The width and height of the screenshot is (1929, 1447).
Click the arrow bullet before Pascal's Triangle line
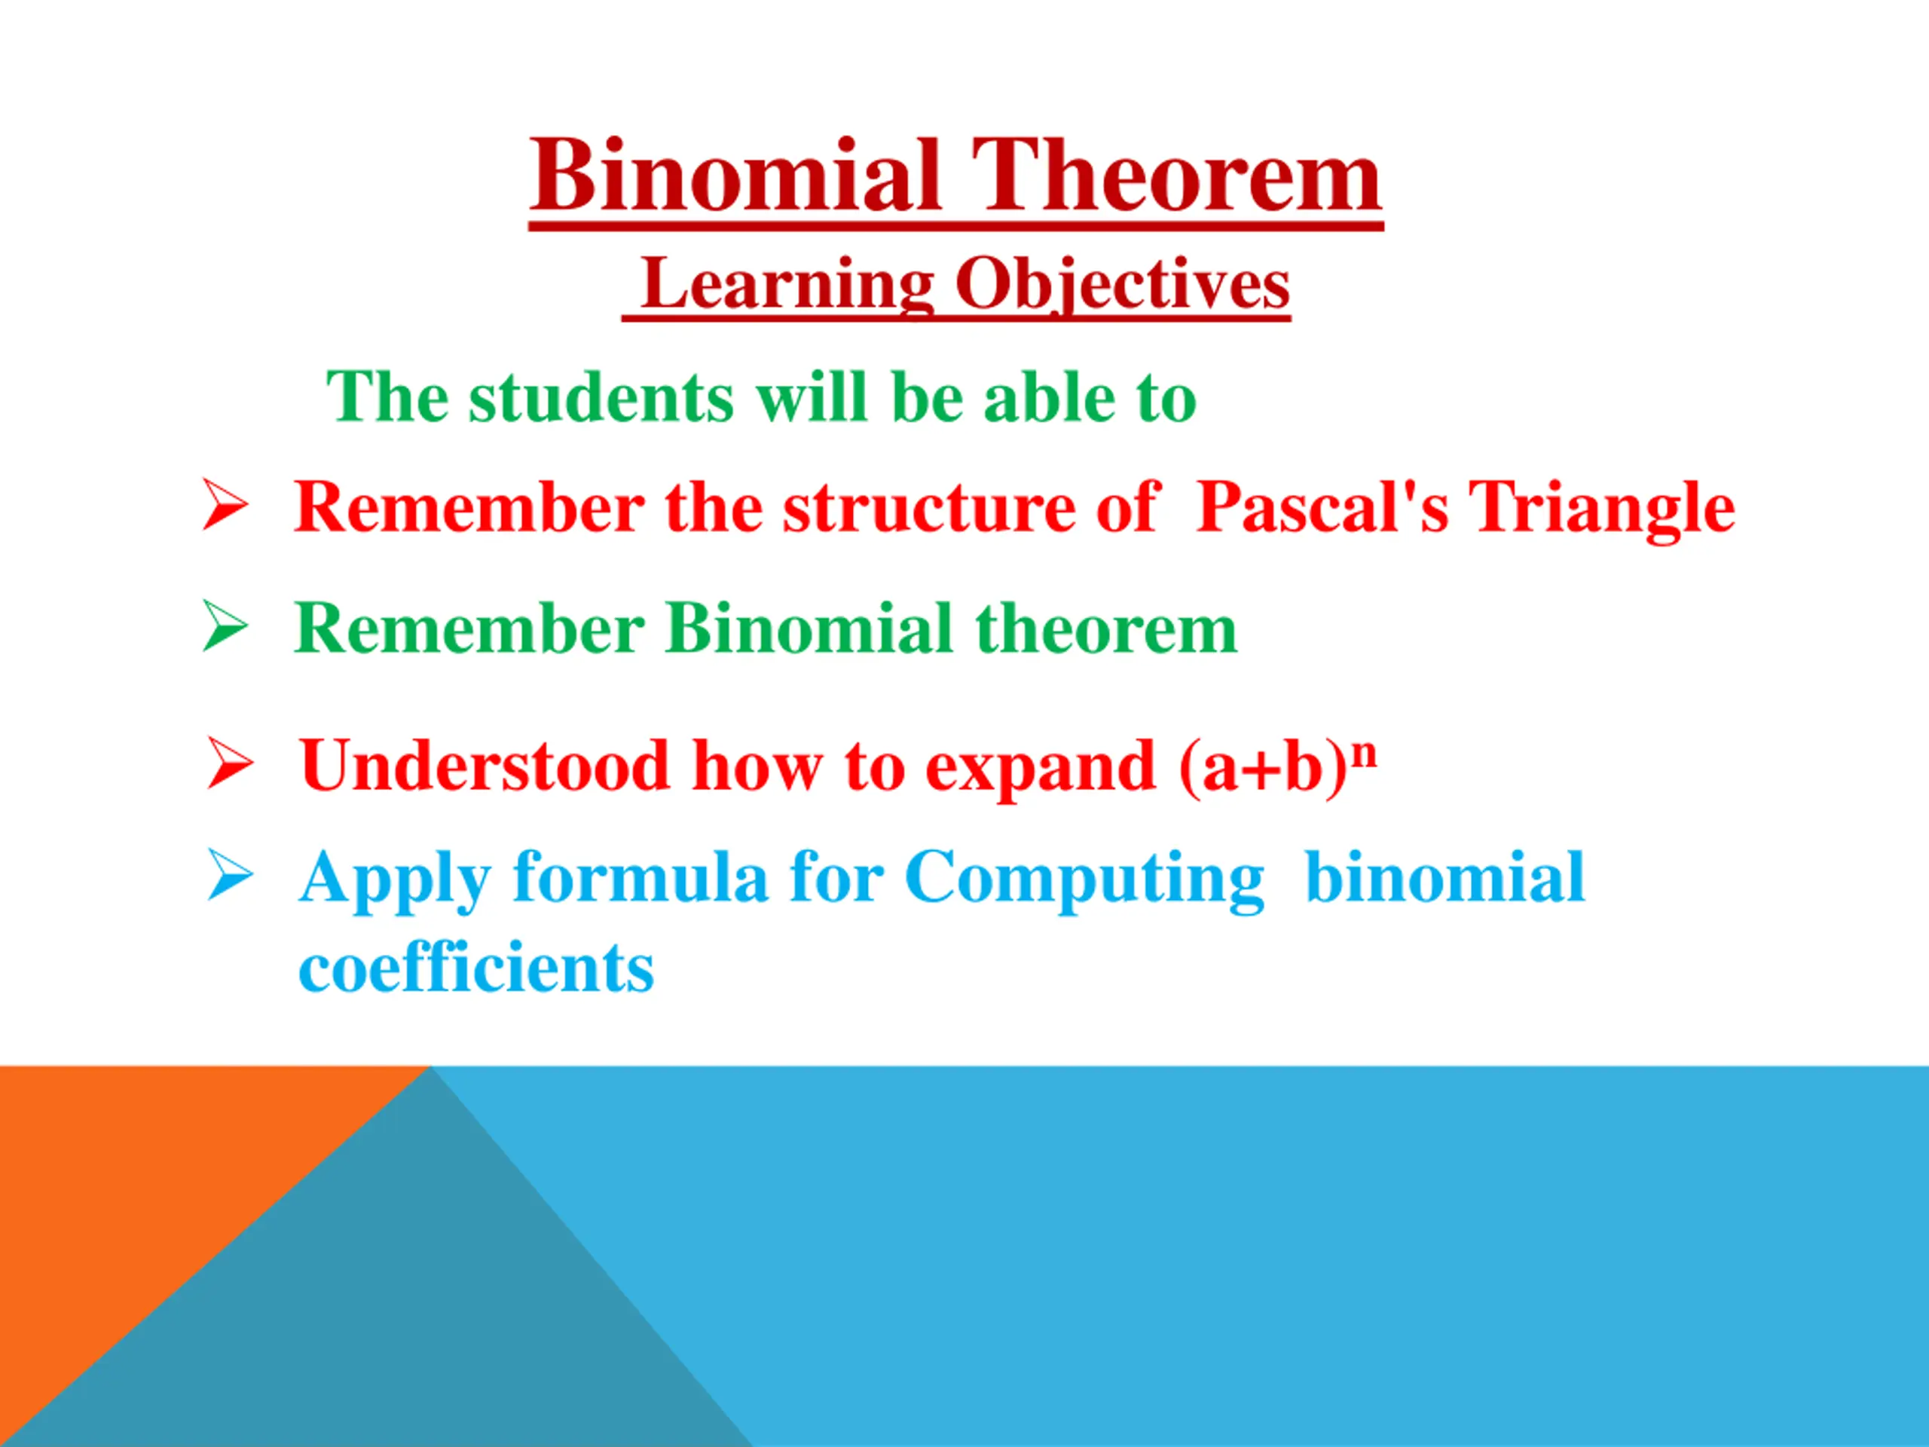(x=225, y=504)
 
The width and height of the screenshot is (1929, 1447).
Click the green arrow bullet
(x=225, y=626)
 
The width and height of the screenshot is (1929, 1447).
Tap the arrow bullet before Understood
(x=231, y=763)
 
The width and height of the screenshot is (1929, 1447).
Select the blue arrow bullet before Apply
(x=231, y=875)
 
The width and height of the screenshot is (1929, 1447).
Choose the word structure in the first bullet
(x=930, y=508)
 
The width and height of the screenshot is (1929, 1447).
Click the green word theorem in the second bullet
(x=1105, y=628)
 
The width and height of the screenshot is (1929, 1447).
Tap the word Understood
(x=484, y=766)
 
